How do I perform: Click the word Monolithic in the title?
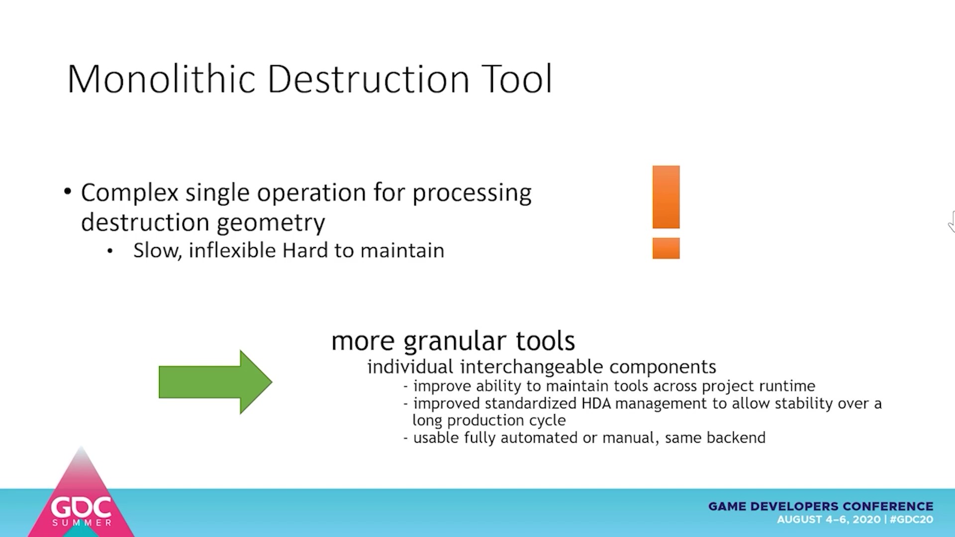click(x=161, y=79)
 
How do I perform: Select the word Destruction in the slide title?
click(x=369, y=79)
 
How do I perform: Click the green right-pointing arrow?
click(x=215, y=382)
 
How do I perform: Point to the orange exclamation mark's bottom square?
click(x=666, y=248)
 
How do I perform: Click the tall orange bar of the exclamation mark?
click(x=666, y=197)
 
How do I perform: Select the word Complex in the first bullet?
click(x=129, y=193)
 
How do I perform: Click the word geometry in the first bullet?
click(x=271, y=223)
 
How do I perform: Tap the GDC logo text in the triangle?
click(x=82, y=507)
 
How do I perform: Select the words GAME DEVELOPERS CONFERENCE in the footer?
click(x=821, y=506)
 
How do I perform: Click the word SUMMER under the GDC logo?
click(x=82, y=523)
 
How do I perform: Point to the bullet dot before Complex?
click(x=68, y=191)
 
